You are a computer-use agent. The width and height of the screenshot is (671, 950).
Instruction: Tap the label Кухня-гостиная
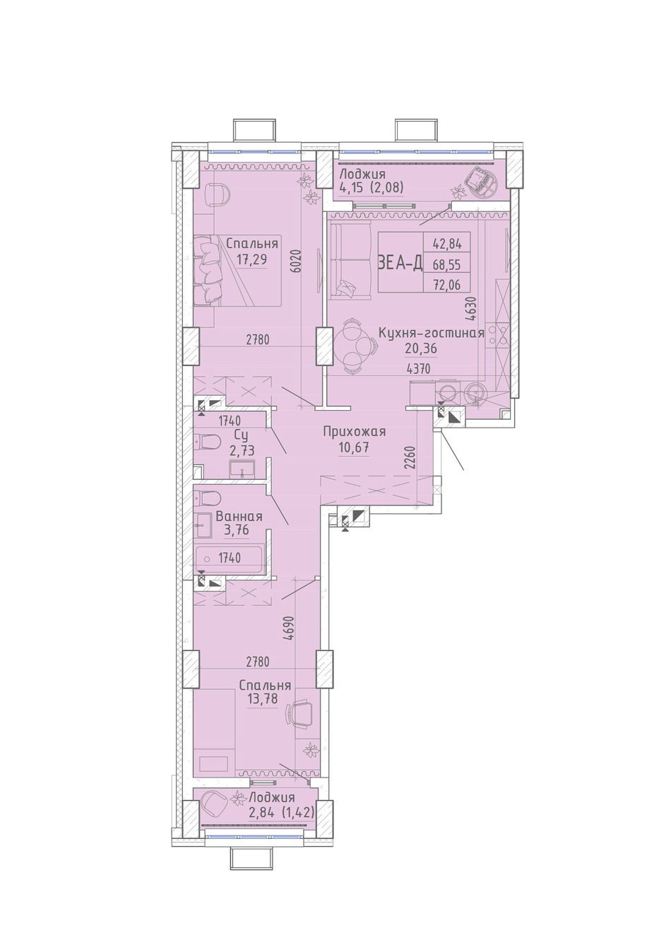[431, 333]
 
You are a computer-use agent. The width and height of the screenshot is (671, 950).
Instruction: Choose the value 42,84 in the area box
[446, 244]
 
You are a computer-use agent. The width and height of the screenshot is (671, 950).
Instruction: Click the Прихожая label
[355, 432]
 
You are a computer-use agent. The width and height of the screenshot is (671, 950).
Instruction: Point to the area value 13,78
[263, 698]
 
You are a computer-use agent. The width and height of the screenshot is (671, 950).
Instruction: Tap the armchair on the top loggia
[481, 183]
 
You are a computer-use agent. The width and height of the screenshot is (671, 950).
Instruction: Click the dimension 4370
[418, 370]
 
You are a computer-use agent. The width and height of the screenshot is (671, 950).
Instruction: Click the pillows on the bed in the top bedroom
[208, 270]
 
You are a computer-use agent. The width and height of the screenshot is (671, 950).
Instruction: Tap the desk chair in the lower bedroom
[299, 713]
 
